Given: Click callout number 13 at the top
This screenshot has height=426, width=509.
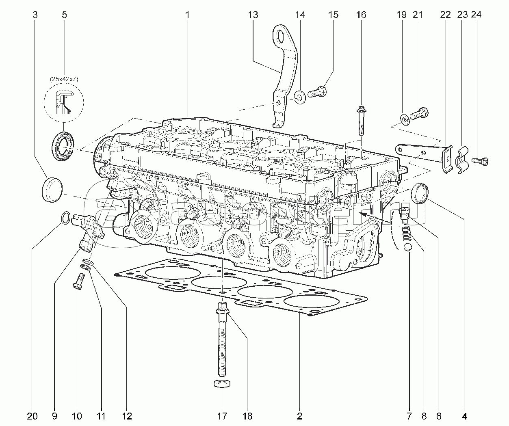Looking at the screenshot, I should [252, 15].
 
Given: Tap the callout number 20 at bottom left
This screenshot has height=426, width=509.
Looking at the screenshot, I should [32, 416].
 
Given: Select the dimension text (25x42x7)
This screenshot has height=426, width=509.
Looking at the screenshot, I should [65, 80].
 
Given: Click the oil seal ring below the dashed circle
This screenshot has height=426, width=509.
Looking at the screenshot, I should [63, 145].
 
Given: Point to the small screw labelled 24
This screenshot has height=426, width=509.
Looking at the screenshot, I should [482, 161].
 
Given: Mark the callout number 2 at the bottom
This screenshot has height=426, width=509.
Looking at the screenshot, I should [299, 416].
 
